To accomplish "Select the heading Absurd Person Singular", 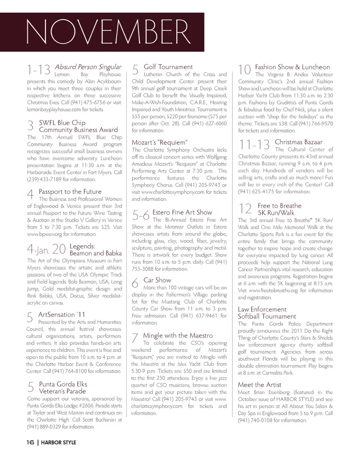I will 88,67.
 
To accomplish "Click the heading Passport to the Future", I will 70,192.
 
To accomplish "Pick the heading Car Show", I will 157,280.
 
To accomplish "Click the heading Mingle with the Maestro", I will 178,335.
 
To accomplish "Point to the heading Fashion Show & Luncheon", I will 292,67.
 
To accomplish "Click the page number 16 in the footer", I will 30,442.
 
